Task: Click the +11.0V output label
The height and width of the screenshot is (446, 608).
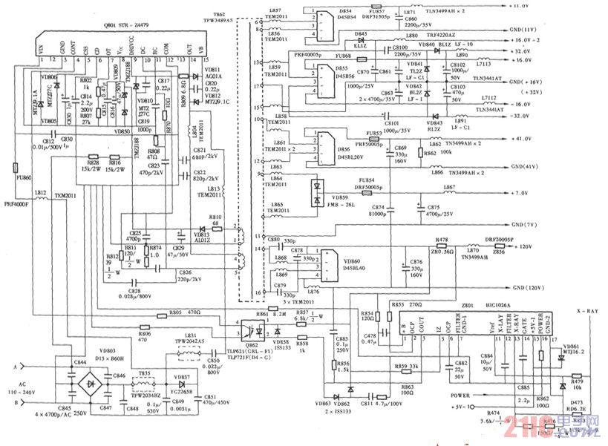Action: point(520,6)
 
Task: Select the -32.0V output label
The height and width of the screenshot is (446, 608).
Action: point(520,117)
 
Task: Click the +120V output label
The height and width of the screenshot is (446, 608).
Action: point(525,246)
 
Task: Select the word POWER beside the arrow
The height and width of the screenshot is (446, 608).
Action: point(462,396)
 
